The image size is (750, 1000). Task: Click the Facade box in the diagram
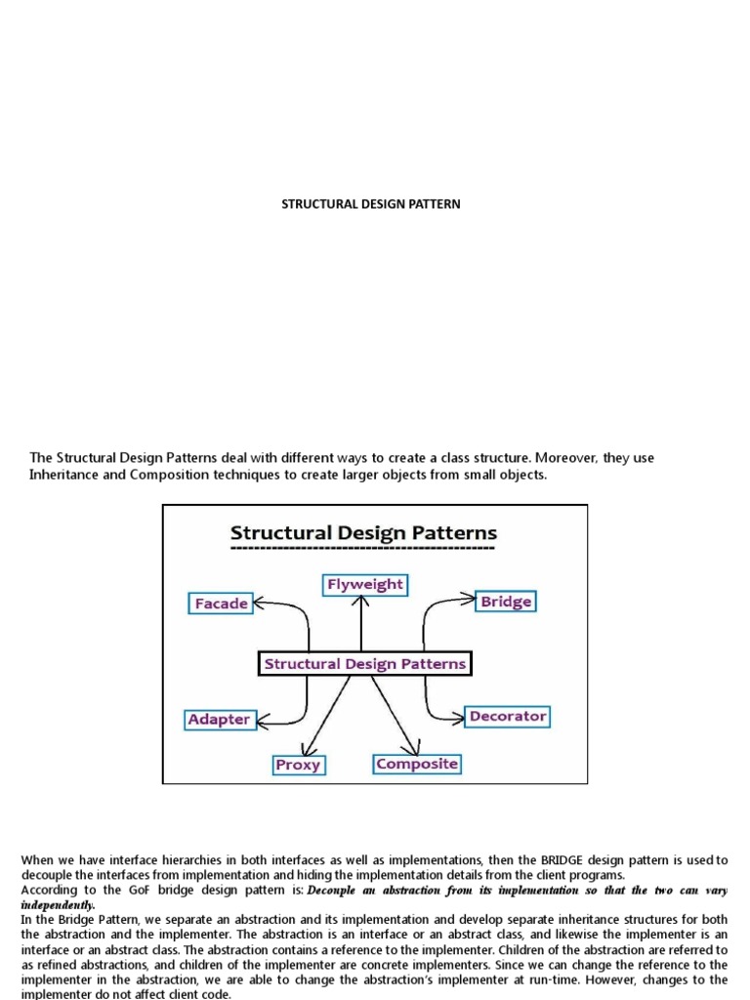pyautogui.click(x=221, y=604)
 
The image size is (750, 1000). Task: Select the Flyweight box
pyautogui.click(x=363, y=585)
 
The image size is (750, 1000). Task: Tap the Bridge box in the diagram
pyautogui.click(x=506, y=602)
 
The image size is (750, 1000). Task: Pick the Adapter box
pyautogui.click(x=219, y=720)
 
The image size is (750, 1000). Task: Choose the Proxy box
pyautogui.click(x=298, y=765)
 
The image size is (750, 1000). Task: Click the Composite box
pyautogui.click(x=417, y=764)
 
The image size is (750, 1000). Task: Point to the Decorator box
pyautogui.click(x=507, y=716)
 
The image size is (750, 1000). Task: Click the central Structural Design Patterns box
pyautogui.click(x=365, y=664)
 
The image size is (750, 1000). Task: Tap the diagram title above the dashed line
pyautogui.click(x=363, y=533)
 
